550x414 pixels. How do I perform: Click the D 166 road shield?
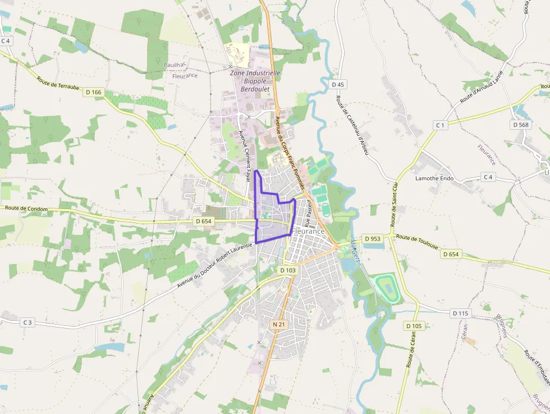pyautogui.click(x=94, y=92)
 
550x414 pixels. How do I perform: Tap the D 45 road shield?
pyautogui.click(x=337, y=84)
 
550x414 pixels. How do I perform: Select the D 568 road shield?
pyautogui.click(x=521, y=125)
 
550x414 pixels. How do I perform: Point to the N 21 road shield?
pyautogui.click(x=279, y=325)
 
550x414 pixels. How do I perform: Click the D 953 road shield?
pyautogui.click(x=373, y=239)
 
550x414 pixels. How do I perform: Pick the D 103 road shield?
pyautogui.click(x=287, y=270)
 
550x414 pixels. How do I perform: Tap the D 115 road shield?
pyautogui.click(x=460, y=313)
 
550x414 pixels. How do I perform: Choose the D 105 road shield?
pyautogui.click(x=413, y=326)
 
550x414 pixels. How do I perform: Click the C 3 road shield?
pyautogui.click(x=27, y=322)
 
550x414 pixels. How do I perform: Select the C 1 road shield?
pyautogui.click(x=441, y=125)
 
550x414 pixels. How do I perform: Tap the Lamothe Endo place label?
pyautogui.click(x=434, y=179)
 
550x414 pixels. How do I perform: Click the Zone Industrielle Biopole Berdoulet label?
pyautogui.click(x=255, y=81)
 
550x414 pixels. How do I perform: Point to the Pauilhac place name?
pyautogui.click(x=175, y=65)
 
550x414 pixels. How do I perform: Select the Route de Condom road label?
pyautogui.click(x=26, y=208)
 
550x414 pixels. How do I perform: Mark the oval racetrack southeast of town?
pyautogui.click(x=387, y=286)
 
